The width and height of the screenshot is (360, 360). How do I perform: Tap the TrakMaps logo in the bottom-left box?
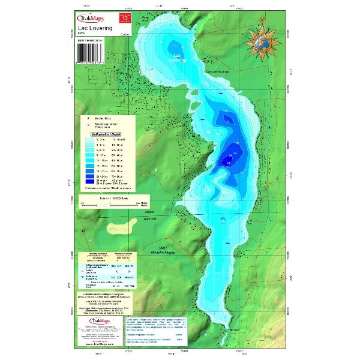coord(90,323)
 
